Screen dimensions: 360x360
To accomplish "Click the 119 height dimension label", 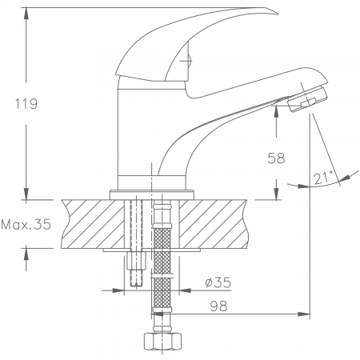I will click(x=26, y=105).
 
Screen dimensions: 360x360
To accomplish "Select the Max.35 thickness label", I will click(x=28, y=225).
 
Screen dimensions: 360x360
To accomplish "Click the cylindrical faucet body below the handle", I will click(x=136, y=136).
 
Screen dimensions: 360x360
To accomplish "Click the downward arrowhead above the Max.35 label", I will click(x=27, y=192).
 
